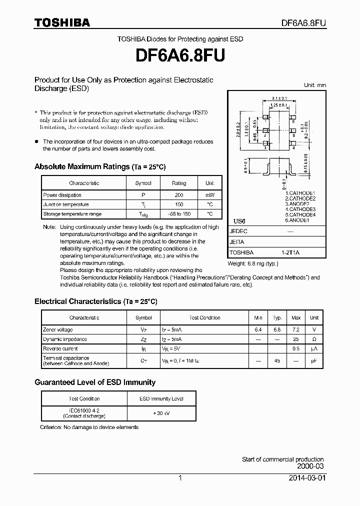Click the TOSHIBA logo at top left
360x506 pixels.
(62, 22)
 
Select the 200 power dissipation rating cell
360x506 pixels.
(178, 195)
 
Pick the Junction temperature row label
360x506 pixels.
(66, 204)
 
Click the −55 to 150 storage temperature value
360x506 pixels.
(178, 214)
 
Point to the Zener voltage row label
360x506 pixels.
(58, 330)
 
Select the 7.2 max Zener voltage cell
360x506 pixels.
(296, 330)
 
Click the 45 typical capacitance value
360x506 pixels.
(277, 361)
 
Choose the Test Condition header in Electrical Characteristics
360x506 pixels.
(204, 318)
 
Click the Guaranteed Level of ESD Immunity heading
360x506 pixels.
(94, 382)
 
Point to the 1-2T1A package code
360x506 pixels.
(290, 252)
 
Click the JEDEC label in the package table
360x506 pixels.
(238, 231)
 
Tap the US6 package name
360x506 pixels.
(240, 221)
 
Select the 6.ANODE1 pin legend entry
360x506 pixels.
(297, 220)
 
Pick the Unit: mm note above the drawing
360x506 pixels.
(314, 85)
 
